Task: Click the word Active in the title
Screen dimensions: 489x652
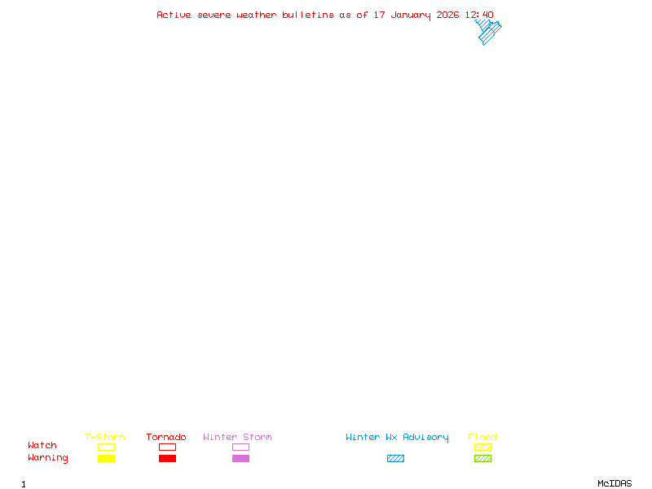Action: (174, 15)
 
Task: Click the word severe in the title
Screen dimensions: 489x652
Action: (214, 15)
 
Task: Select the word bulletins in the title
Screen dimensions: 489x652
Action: (308, 15)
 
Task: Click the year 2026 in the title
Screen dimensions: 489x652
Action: (448, 15)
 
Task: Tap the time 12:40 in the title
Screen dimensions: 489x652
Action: (479, 15)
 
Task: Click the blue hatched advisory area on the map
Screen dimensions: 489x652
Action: (488, 33)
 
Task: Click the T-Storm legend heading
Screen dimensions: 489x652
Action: (105, 437)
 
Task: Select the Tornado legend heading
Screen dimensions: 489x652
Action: (166, 437)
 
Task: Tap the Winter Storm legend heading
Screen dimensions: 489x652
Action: (237, 437)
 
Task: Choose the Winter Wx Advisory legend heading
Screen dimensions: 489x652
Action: (397, 437)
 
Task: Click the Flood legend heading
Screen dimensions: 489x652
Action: (482, 437)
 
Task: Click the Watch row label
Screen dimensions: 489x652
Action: (42, 445)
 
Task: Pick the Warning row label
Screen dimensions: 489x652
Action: (48, 458)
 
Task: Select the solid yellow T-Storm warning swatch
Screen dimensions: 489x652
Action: (106, 458)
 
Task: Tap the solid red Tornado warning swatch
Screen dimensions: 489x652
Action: (167, 458)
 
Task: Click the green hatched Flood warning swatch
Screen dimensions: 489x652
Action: (482, 458)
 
